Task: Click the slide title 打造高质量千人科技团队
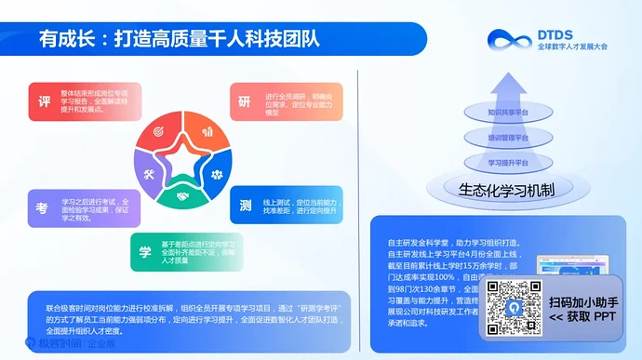coord(216,39)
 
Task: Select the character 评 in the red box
coord(44,100)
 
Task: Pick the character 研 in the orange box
coord(245,100)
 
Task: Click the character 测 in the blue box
coord(245,204)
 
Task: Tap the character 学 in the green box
coord(145,251)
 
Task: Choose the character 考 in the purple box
coord(43,208)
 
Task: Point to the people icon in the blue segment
coord(216,174)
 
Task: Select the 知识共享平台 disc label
coord(508,113)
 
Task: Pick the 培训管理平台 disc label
coord(508,138)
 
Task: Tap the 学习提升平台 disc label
coord(508,162)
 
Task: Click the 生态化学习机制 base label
coord(507,190)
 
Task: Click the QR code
coord(514,308)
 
